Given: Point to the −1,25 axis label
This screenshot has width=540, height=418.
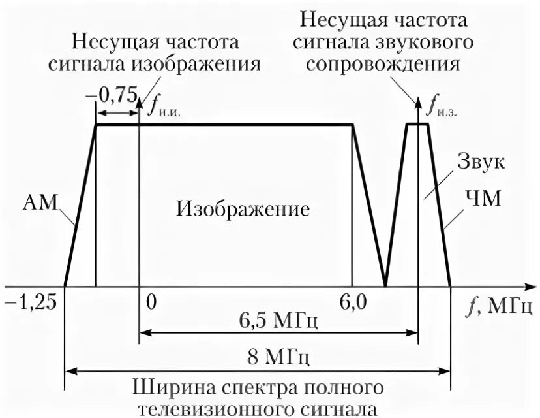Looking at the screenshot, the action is pyautogui.click(x=30, y=302).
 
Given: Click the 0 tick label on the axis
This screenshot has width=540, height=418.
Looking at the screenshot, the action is pyautogui.click(x=151, y=302).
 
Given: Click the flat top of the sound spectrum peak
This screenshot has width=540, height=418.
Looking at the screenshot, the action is pyautogui.click(x=417, y=124).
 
